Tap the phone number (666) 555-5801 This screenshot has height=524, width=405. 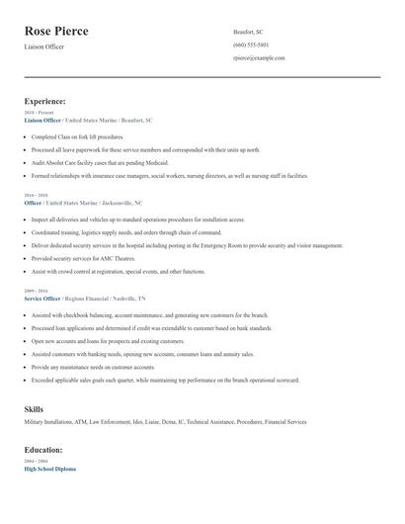(x=251, y=44)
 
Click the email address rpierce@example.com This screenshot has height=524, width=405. (x=259, y=58)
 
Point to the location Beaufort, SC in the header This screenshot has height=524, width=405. (x=249, y=32)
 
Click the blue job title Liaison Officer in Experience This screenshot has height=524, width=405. (x=41, y=120)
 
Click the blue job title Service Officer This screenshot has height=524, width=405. (x=41, y=298)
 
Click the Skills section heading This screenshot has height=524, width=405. (x=33, y=408)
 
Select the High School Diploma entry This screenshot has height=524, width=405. (x=49, y=469)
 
